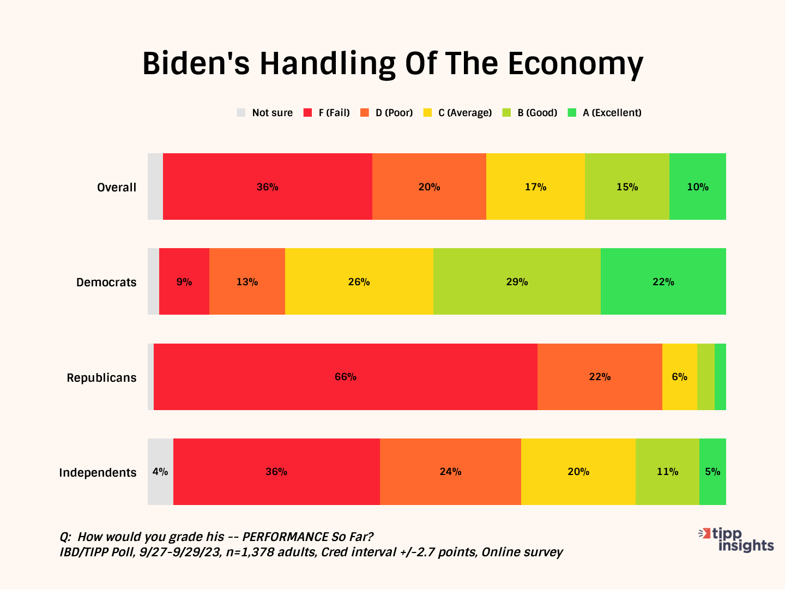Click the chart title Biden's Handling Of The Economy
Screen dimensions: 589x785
392,64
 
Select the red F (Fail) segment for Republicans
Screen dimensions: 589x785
345,377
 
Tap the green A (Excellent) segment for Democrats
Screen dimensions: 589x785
663,281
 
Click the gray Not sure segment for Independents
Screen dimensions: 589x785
160,472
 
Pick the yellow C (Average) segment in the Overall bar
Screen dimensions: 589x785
535,187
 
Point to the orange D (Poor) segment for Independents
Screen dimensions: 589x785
450,472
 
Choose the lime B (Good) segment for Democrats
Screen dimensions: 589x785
517,281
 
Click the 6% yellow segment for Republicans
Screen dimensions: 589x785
679,377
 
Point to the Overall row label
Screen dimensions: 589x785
117,187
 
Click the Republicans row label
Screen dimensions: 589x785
101,377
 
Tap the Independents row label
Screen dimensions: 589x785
98,472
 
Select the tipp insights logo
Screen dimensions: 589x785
737,539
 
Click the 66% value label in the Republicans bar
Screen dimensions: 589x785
345,377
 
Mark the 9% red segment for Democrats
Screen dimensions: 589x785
184,281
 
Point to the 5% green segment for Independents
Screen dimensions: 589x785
712,472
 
